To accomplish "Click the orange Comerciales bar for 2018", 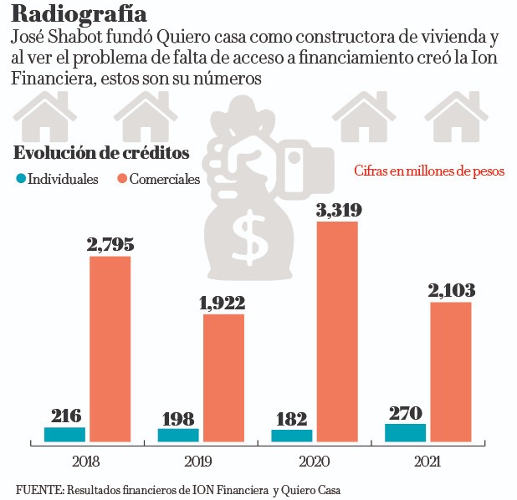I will [110, 348].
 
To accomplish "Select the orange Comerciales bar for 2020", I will [337, 331].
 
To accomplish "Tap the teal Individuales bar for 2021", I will [405, 432].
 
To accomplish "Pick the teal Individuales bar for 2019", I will [178, 435].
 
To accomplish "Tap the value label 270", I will [406, 411].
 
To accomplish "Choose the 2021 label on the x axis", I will [427, 461].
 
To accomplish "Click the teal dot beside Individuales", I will [21, 179].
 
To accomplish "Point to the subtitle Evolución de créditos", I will [101, 153].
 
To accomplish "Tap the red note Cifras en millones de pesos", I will [429, 171].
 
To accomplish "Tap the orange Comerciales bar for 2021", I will [451, 371].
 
